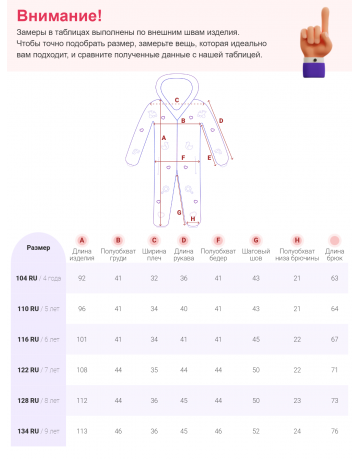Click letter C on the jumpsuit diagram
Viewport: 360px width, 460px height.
(x=177, y=100)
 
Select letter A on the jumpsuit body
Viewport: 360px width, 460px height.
(x=163, y=137)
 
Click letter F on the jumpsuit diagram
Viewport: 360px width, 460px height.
(x=184, y=157)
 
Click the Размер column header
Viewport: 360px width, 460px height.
(x=38, y=247)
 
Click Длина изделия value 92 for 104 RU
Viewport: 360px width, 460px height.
(x=82, y=277)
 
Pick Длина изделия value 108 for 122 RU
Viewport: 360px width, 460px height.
(x=82, y=370)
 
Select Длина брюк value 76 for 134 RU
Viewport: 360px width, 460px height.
(x=334, y=431)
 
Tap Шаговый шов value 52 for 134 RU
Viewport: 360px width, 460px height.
(x=255, y=431)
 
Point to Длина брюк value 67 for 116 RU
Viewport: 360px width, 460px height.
(x=334, y=339)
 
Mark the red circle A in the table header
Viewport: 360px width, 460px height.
(x=82, y=240)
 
